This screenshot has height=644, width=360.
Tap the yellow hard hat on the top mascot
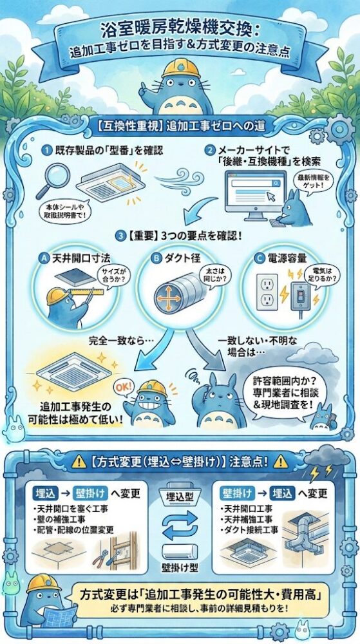pyautogui.click(x=180, y=68)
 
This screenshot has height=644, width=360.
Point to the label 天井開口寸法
pyautogui.click(x=76, y=258)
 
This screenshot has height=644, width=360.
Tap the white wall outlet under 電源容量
pyautogui.click(x=267, y=292)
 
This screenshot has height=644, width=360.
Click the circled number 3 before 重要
pyautogui.click(x=120, y=236)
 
